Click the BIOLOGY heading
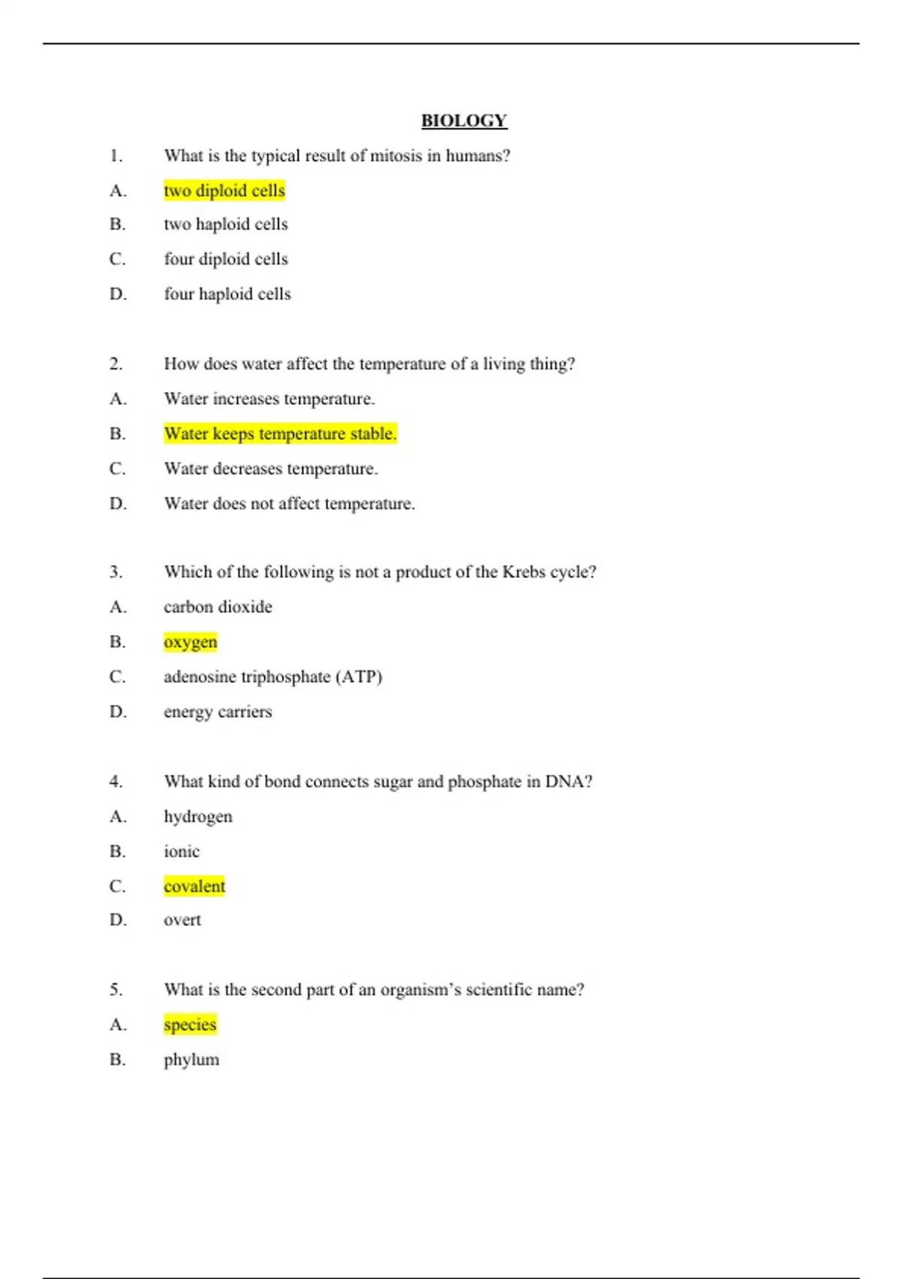pyautogui.click(x=464, y=120)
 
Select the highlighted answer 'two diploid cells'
pyautogui.click(x=224, y=190)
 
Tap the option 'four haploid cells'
pyautogui.click(x=227, y=294)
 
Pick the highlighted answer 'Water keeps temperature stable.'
pyautogui.click(x=280, y=433)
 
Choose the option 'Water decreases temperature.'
pyautogui.click(x=271, y=469)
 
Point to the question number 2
pyautogui.click(x=116, y=364)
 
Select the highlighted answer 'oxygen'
pyautogui.click(x=190, y=642)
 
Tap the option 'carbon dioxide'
pyautogui.click(x=218, y=607)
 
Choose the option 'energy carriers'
pyautogui.click(x=218, y=712)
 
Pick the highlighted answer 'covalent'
pyautogui.click(x=194, y=886)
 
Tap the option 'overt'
pyautogui.click(x=182, y=920)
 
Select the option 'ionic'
pyautogui.click(x=182, y=852)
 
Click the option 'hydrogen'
pyautogui.click(x=198, y=817)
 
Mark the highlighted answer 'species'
pyautogui.click(x=190, y=1025)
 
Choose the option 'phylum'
pyautogui.click(x=192, y=1060)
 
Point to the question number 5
pyautogui.click(x=116, y=990)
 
